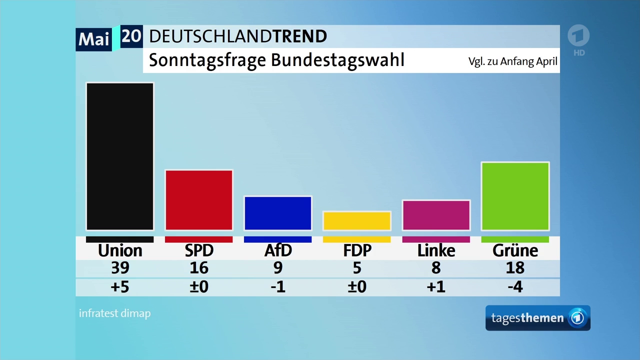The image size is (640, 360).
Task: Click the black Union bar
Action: click(120, 156)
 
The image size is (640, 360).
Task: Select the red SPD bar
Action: click(199, 200)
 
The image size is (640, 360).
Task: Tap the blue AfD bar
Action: click(278, 213)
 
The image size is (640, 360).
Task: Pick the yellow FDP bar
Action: click(357, 220)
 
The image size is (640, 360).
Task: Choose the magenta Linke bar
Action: click(436, 215)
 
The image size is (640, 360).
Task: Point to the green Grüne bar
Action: click(515, 196)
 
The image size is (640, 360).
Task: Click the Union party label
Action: click(120, 250)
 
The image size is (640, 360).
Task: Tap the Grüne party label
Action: click(515, 250)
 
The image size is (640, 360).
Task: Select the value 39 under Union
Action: click(120, 268)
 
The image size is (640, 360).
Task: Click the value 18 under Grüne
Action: click(515, 268)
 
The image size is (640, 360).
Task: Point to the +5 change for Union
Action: click(120, 287)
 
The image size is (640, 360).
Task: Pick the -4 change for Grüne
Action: click(515, 287)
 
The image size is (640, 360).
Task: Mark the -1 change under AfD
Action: click(278, 287)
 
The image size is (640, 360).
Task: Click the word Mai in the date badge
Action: click(94, 39)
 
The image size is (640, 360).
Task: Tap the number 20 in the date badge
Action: click(131, 36)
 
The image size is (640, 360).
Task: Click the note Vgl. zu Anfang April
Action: click(512, 62)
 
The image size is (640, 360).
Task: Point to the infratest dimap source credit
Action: click(114, 313)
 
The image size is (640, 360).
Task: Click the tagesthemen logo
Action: click(537, 318)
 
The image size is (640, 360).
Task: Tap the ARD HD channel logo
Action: click(578, 40)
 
